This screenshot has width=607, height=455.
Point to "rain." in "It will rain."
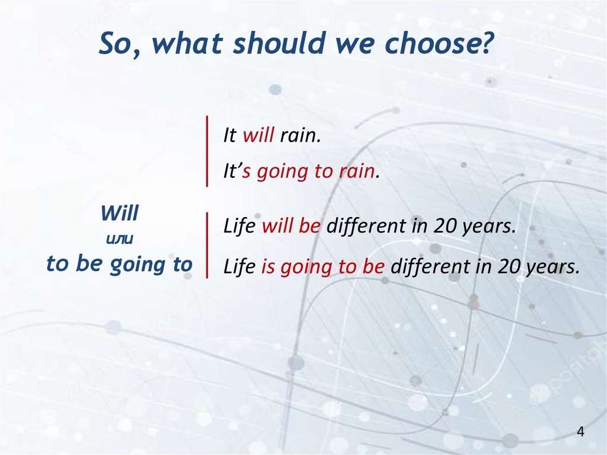[301, 136]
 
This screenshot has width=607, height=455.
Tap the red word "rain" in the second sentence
[357, 171]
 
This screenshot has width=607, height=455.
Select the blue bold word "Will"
[119, 213]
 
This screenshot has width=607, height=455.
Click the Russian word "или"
[119, 239]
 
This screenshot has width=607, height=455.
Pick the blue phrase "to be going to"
[119, 265]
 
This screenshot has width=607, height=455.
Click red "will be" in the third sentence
[291, 225]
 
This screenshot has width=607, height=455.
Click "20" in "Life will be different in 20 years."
[445, 225]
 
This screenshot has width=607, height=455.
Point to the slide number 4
[580, 431]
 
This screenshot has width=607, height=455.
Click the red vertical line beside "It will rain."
[207, 151]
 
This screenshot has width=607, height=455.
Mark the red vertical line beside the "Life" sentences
[207, 246]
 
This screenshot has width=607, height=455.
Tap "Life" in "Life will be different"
[239, 225]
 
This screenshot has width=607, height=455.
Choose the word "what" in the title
[187, 43]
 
